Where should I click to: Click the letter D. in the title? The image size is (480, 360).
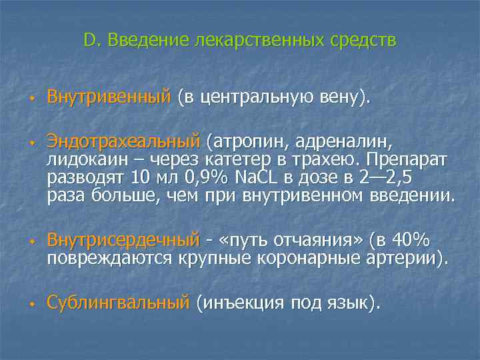91,41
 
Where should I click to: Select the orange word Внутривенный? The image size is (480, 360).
109,98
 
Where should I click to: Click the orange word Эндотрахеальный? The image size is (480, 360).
123,141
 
